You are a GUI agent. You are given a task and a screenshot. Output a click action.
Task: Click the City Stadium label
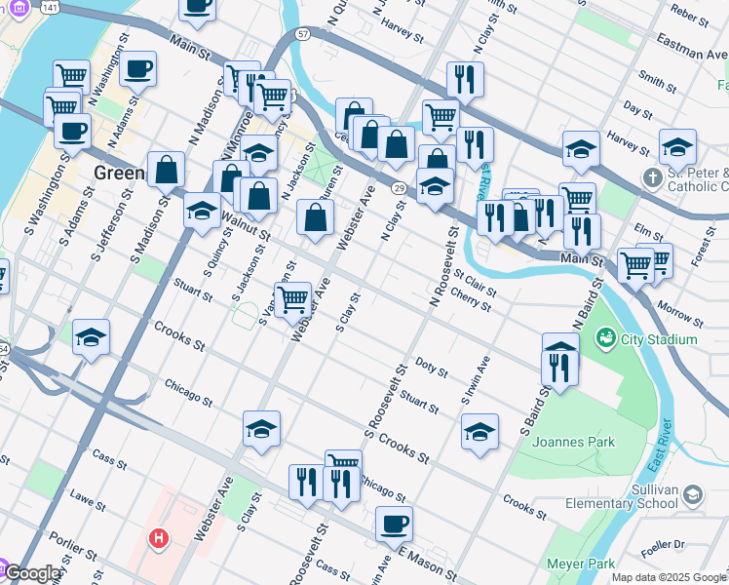(660, 339)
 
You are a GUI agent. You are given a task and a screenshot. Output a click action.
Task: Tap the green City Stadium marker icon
(606, 338)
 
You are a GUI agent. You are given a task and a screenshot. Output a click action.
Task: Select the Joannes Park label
(574, 442)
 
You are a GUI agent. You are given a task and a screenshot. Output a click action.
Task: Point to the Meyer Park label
(581, 564)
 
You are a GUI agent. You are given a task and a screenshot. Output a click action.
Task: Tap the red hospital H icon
(157, 537)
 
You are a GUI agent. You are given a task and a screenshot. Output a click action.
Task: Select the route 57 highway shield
(303, 34)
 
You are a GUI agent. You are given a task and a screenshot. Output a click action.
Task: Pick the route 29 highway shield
(399, 186)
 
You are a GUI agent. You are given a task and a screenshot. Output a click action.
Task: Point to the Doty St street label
(431, 369)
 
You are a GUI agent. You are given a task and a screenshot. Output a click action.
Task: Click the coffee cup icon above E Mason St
(394, 524)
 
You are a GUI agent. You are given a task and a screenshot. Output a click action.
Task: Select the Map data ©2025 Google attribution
(669, 577)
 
